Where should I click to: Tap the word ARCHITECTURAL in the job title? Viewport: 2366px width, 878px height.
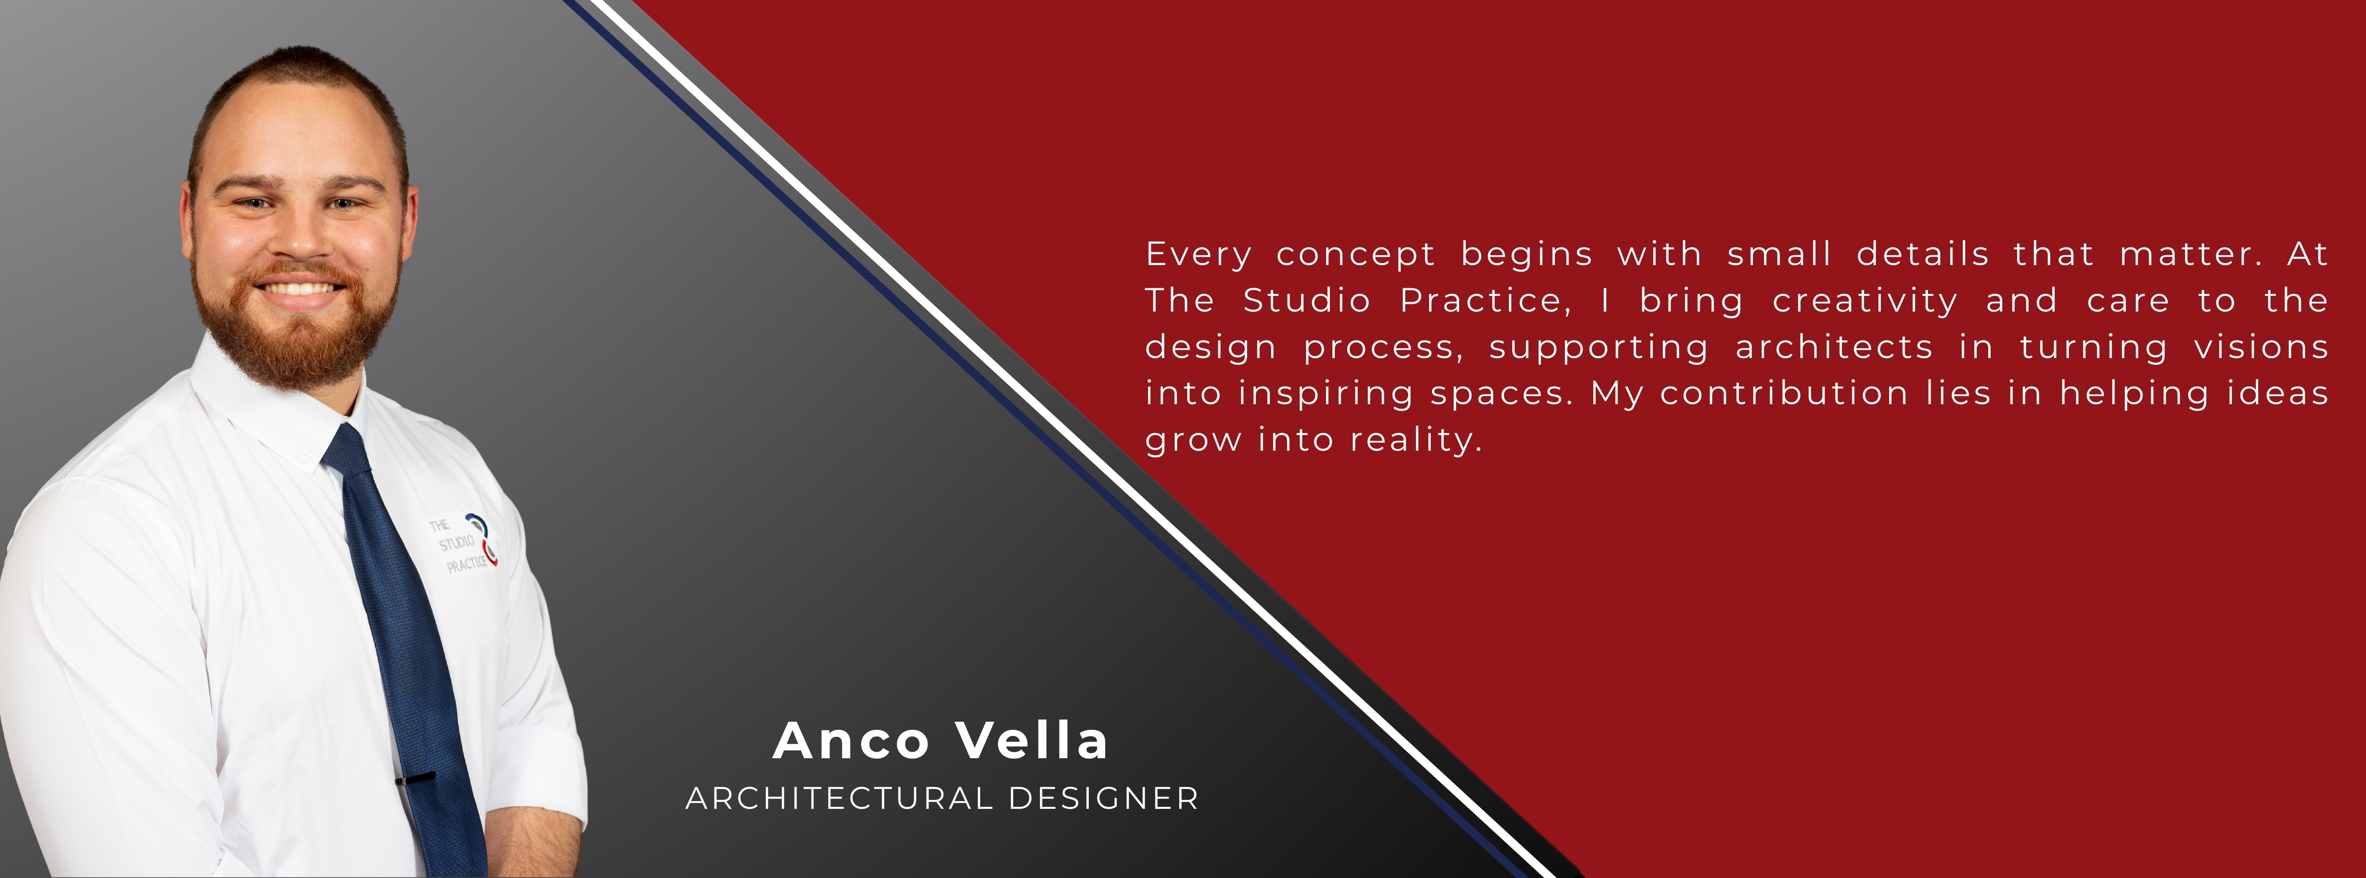(x=839, y=798)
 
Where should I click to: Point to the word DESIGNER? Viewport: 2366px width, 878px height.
(x=1104, y=798)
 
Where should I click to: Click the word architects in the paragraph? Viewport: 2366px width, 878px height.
(x=1834, y=347)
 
